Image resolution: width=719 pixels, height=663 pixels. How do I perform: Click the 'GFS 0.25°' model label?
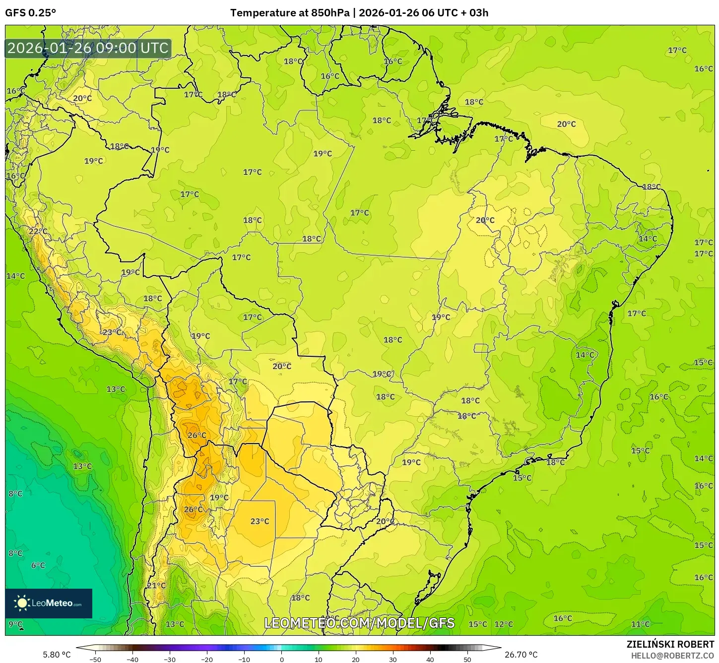click(30, 13)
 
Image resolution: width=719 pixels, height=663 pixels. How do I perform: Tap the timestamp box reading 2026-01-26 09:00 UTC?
click(88, 48)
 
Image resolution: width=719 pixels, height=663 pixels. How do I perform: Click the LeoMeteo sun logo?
click(22, 603)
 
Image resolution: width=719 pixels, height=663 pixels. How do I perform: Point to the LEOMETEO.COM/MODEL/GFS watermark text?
click(359, 623)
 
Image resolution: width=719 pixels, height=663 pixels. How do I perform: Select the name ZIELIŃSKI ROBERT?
click(670, 644)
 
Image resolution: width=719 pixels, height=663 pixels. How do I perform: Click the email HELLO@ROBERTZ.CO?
click(672, 655)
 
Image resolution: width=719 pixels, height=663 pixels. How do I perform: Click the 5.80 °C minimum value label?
click(57, 655)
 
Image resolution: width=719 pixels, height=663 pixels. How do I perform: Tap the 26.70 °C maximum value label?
click(521, 655)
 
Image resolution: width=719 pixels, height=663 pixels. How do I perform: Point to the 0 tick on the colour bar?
click(281, 659)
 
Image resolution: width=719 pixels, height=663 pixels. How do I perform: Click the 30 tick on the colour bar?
click(393, 659)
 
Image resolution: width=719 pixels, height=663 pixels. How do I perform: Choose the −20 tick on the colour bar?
click(206, 659)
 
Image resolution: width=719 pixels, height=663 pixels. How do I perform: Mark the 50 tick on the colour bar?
click(467, 659)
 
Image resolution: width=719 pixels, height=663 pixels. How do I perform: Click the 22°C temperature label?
click(38, 231)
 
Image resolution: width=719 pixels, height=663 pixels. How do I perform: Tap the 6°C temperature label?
click(38, 565)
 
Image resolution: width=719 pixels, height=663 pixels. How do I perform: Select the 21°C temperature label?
click(156, 585)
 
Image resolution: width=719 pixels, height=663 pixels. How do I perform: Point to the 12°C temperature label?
click(503, 624)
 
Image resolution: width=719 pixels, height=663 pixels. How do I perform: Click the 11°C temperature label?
click(640, 624)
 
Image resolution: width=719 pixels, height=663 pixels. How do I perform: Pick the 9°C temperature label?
click(15, 624)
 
